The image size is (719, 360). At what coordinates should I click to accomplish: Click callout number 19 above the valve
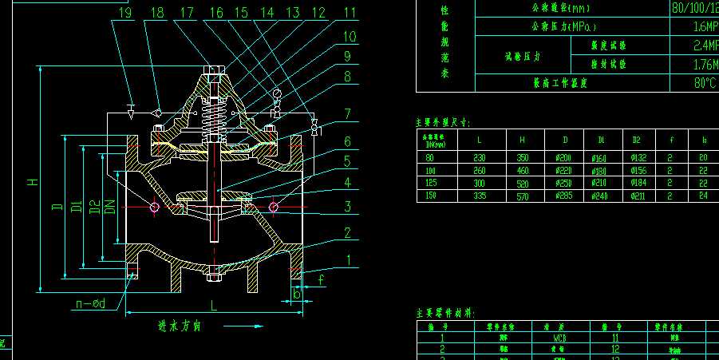(124, 12)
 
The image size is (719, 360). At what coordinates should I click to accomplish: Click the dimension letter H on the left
(33, 181)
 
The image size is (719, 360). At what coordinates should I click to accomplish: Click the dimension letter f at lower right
(320, 279)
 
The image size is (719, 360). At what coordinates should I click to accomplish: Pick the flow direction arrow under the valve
(243, 326)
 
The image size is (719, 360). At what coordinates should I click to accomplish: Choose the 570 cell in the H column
(523, 196)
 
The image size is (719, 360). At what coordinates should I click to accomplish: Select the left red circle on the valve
(154, 208)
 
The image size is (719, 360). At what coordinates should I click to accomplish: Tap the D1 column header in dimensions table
(599, 140)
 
